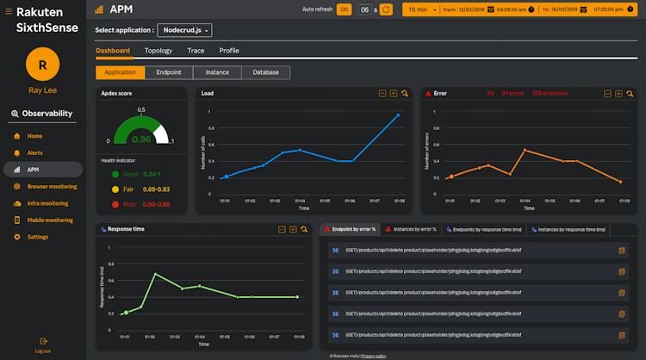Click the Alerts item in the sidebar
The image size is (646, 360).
tap(34, 152)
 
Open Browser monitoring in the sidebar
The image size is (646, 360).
tap(52, 186)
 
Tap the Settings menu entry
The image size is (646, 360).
tap(37, 237)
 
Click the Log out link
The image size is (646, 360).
tap(42, 350)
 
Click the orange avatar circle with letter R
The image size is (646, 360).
tap(42, 65)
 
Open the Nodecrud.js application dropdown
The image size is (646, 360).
tap(185, 30)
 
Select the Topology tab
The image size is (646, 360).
tap(158, 51)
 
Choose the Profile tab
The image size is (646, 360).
tap(229, 51)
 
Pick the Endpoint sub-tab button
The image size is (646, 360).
tap(168, 73)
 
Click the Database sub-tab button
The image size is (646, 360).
tap(265, 73)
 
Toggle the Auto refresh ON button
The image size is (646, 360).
tap(344, 9)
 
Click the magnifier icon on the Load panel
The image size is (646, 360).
tap(405, 93)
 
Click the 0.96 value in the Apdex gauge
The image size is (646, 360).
tap(141, 139)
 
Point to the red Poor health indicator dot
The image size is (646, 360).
tap(116, 204)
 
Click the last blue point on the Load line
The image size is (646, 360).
tap(398, 115)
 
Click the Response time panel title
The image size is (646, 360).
tap(127, 229)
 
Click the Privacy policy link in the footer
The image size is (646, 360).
tap(374, 355)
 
